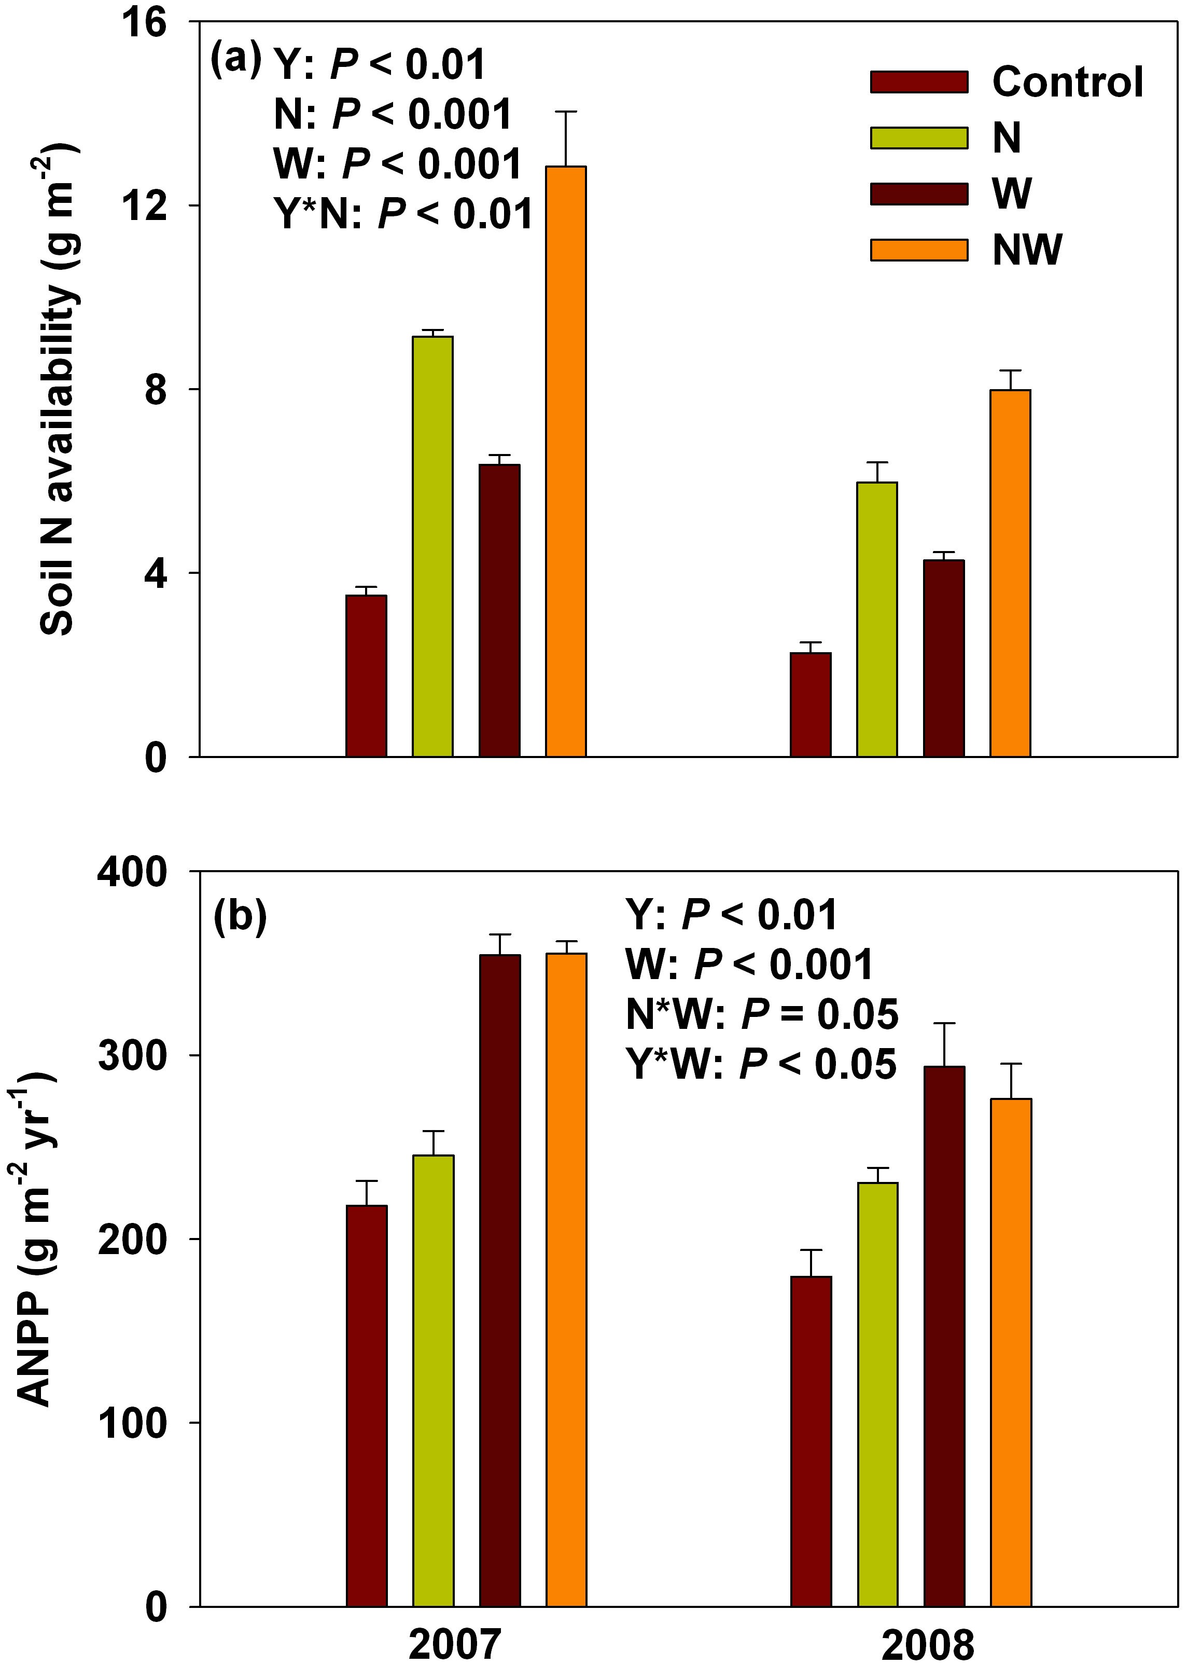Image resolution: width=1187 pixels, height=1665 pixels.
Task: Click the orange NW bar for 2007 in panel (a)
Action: [566, 461]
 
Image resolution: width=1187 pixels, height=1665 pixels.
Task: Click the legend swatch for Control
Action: [919, 82]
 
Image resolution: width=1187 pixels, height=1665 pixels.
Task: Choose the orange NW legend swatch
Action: [919, 250]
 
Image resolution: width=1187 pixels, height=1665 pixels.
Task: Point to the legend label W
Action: [1012, 194]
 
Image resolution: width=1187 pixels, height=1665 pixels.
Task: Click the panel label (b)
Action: [239, 916]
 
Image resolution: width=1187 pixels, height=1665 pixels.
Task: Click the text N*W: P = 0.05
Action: [762, 1015]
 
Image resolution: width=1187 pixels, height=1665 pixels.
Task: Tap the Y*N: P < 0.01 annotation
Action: [403, 214]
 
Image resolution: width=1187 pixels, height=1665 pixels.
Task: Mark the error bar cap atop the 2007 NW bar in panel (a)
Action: [566, 112]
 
